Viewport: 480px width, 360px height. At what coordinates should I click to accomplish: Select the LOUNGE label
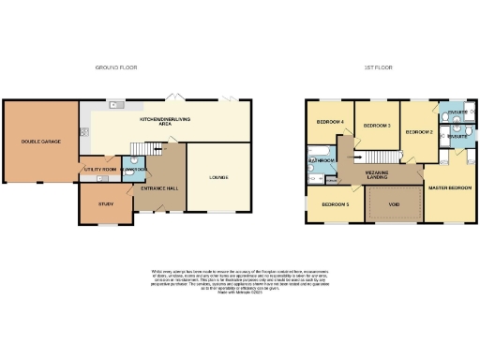[x=218, y=176]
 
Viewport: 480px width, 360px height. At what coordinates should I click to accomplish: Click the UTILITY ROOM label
[x=98, y=170]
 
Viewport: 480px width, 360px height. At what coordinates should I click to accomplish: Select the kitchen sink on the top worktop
[x=113, y=105]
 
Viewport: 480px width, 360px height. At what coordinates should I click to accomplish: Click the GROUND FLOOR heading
[x=117, y=68]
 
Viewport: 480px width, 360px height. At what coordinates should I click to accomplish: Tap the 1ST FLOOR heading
[x=379, y=68]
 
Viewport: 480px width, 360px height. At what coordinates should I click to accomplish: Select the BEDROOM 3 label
[x=376, y=125]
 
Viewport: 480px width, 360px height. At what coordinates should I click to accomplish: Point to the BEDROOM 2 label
[x=417, y=132]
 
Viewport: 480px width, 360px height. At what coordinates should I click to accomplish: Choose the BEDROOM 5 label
[x=335, y=203]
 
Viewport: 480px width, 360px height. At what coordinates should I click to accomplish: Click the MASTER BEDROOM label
[x=449, y=188]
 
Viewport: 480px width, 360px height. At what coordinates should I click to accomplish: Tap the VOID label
[x=394, y=203]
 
